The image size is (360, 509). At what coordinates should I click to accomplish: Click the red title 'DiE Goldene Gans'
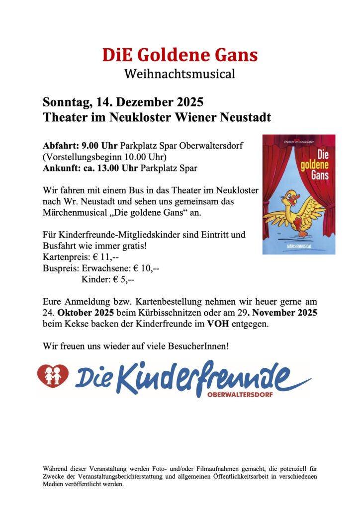pos(180,55)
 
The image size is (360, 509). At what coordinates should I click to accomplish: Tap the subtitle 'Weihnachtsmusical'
pos(180,75)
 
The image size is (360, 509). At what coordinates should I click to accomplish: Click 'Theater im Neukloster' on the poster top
pos(299,142)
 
